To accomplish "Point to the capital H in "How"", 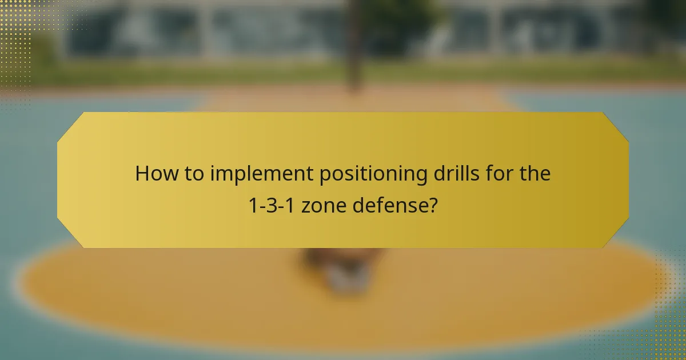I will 142,174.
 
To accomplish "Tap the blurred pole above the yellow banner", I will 355,51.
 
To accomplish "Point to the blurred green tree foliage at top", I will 400,14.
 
